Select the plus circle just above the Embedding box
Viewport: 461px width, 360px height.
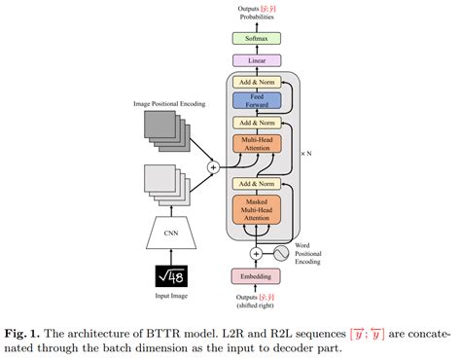(x=258, y=253)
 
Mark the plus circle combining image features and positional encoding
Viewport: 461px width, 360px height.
(x=213, y=166)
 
